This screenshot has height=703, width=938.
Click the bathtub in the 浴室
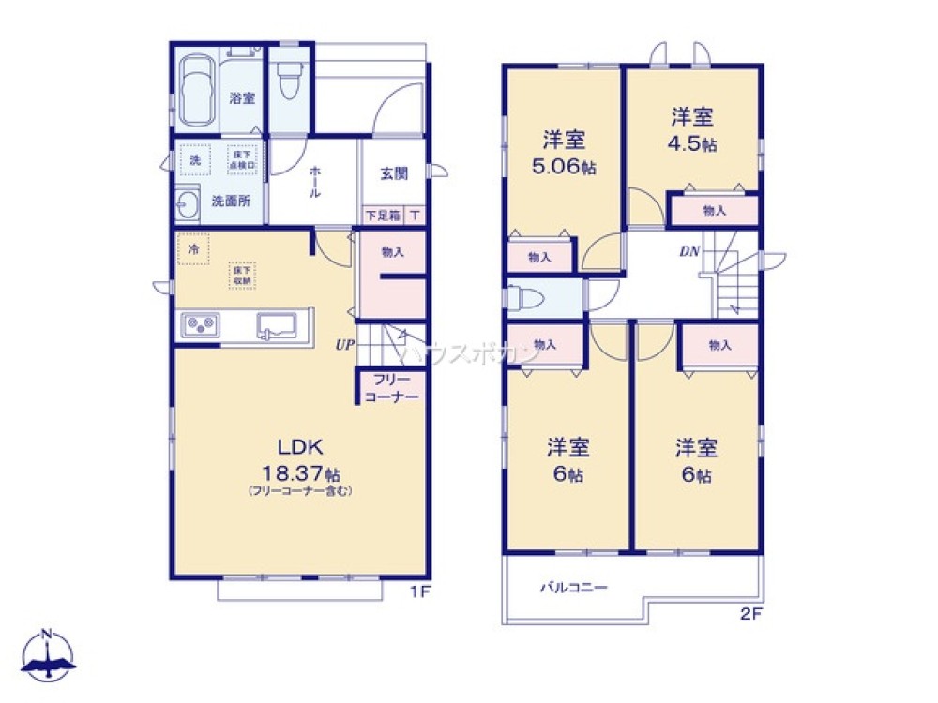coord(198,90)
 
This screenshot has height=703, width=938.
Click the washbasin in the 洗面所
coord(186,202)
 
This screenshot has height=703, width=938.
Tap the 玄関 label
coord(393,173)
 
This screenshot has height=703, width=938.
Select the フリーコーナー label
coord(386,388)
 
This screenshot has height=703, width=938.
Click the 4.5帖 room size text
coord(693,145)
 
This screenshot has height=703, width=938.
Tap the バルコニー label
coord(574,589)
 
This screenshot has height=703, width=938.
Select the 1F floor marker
coord(421,591)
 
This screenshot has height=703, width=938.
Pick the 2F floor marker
coord(749,617)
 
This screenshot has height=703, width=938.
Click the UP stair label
coord(345,345)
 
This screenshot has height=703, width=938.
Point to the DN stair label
coord(690,252)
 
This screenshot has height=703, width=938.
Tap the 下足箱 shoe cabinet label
coord(383,216)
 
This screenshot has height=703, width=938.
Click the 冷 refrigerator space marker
coord(193,248)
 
